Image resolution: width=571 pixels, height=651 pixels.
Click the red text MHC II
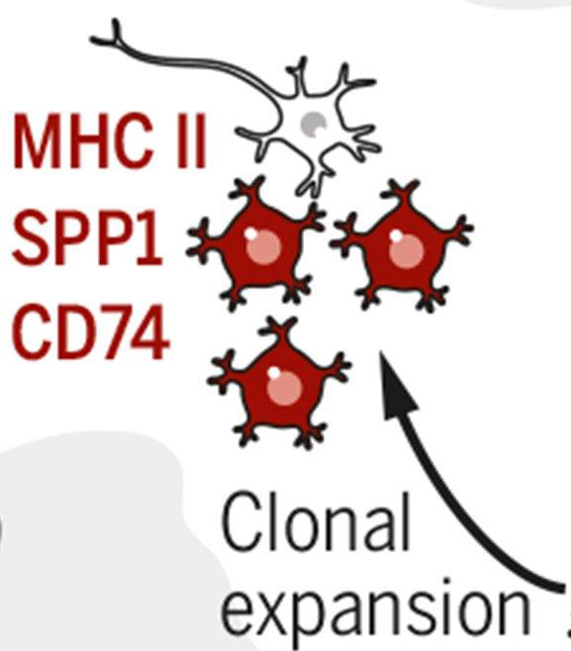pos(110,140)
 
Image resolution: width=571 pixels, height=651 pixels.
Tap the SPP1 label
pos(86,237)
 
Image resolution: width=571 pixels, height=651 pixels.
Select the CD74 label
pos(91,332)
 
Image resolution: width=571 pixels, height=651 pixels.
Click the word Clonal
pos(316,521)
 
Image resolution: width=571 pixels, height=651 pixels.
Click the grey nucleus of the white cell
pos(314,124)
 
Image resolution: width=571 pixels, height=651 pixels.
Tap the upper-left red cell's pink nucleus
pos(263,245)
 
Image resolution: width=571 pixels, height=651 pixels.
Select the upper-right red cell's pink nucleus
pos(406,248)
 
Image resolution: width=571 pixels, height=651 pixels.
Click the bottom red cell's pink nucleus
pos(284,387)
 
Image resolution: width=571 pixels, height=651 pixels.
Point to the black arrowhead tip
pos(381,352)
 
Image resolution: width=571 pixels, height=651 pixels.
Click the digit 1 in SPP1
pos(148,237)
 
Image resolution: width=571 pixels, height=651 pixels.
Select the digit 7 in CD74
pos(113,332)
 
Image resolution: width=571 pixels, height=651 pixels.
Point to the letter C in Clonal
pos(240,522)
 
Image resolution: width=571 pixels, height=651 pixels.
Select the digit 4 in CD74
pos(150,332)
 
